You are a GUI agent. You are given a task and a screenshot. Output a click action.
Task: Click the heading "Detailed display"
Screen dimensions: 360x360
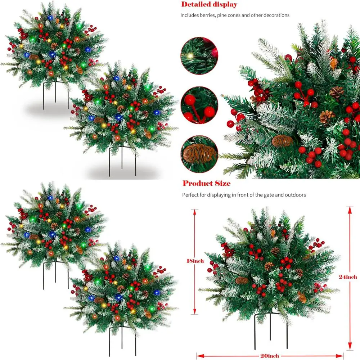click(209, 5)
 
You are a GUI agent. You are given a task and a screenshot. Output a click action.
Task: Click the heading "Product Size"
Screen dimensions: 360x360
click(206, 184)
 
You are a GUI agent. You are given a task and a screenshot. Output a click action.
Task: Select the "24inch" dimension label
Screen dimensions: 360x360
click(348, 277)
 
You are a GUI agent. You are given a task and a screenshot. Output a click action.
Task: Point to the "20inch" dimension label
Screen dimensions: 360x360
click(269, 356)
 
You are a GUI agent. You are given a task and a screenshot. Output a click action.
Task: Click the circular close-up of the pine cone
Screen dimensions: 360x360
click(199, 154)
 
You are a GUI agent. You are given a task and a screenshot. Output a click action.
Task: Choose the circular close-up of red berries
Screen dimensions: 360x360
click(199, 105)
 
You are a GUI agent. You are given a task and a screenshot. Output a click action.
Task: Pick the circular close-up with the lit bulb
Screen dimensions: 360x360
click(199, 56)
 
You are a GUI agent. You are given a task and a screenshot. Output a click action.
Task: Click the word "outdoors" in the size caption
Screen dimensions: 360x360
click(294, 195)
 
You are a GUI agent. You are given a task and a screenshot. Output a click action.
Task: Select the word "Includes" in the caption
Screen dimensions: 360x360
click(189, 15)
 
